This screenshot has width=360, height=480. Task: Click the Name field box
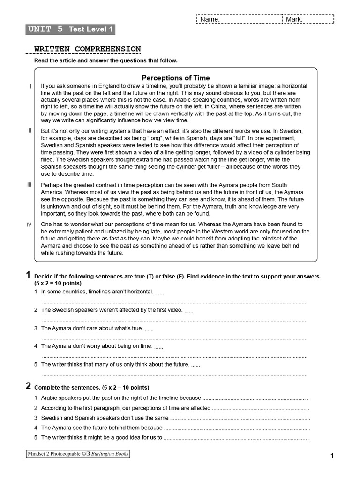(239, 19)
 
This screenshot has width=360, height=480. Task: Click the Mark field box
(308, 19)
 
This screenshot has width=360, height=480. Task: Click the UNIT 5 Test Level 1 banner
(70, 30)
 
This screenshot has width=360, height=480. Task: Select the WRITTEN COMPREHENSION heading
(87, 49)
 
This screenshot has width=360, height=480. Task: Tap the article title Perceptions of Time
(176, 78)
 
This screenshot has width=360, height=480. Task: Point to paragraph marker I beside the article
(30, 87)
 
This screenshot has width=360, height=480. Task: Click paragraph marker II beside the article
(30, 130)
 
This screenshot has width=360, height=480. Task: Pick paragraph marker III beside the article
(29, 185)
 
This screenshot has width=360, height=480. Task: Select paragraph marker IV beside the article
(29, 225)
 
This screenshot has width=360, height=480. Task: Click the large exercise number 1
(28, 276)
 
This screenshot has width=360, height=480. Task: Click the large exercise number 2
(28, 386)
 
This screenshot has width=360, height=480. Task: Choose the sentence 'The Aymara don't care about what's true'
(92, 329)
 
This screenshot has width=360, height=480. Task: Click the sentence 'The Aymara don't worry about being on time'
(97, 346)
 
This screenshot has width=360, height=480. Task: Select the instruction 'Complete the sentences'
(92, 388)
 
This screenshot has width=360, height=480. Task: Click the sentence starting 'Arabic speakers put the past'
(121, 398)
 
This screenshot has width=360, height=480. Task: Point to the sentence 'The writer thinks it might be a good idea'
(102, 438)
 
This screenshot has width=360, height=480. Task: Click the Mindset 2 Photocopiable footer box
(77, 454)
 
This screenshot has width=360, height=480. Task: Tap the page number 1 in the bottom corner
(332, 456)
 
